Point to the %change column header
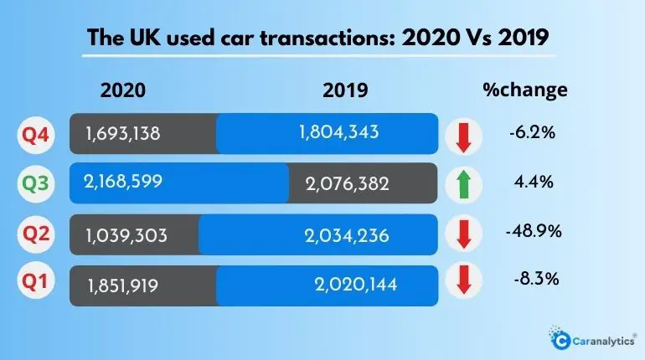[526, 90]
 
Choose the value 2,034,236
[347, 235]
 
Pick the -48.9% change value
[529, 229]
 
